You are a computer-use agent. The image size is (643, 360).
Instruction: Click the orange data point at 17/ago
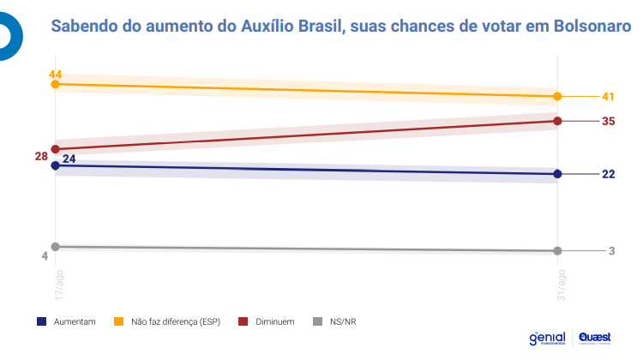[x=56, y=84]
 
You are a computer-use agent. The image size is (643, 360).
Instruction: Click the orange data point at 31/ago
[x=558, y=96]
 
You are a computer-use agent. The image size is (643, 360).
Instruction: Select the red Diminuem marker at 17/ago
[x=56, y=149]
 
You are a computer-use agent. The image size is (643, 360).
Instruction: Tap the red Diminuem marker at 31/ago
[x=558, y=121]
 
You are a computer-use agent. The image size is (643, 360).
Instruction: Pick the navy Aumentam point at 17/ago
[x=56, y=165]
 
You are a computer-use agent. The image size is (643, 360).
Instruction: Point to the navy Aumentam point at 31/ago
[x=558, y=174]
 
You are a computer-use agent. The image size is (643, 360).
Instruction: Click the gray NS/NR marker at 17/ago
[x=56, y=246]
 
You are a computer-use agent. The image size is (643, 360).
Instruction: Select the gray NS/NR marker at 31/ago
[x=558, y=250]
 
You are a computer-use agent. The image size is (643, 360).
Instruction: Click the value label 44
[x=56, y=74]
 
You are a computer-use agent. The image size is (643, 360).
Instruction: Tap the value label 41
[x=609, y=96]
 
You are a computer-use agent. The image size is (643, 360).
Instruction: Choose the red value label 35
[x=609, y=121]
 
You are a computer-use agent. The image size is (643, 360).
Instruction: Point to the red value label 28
[x=41, y=156]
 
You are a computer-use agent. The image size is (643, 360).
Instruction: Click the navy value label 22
[x=609, y=174]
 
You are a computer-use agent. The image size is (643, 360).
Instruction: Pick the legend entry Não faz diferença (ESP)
[x=168, y=321]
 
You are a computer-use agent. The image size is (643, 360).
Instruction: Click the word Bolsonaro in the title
[x=592, y=27]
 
